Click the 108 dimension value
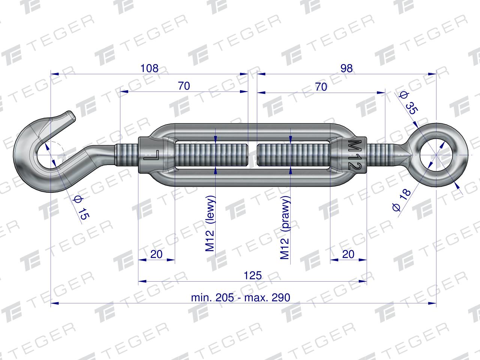click(149, 68)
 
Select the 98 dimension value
click(346, 68)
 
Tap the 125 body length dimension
click(253, 275)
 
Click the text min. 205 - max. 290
click(240, 297)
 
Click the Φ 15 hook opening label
click(81, 208)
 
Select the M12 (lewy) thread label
click(210, 223)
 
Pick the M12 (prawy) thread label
click(285, 228)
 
